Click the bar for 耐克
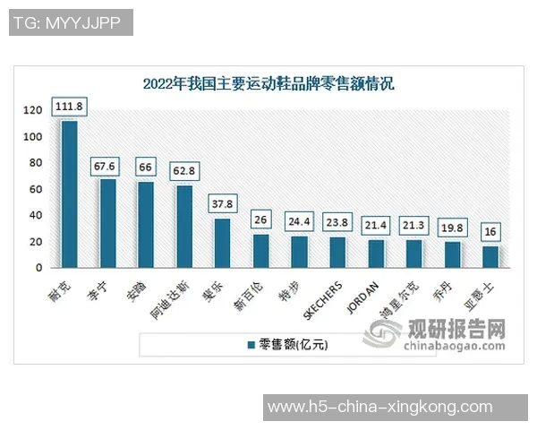[x=69, y=193]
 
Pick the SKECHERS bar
[x=338, y=252]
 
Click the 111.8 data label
[x=69, y=107]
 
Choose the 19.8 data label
[x=453, y=227]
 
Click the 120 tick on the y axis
[x=32, y=110]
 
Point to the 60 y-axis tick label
[x=36, y=189]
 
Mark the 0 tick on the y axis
[x=39, y=268]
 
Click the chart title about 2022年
[x=268, y=84]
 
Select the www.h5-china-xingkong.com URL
[x=379, y=407]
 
